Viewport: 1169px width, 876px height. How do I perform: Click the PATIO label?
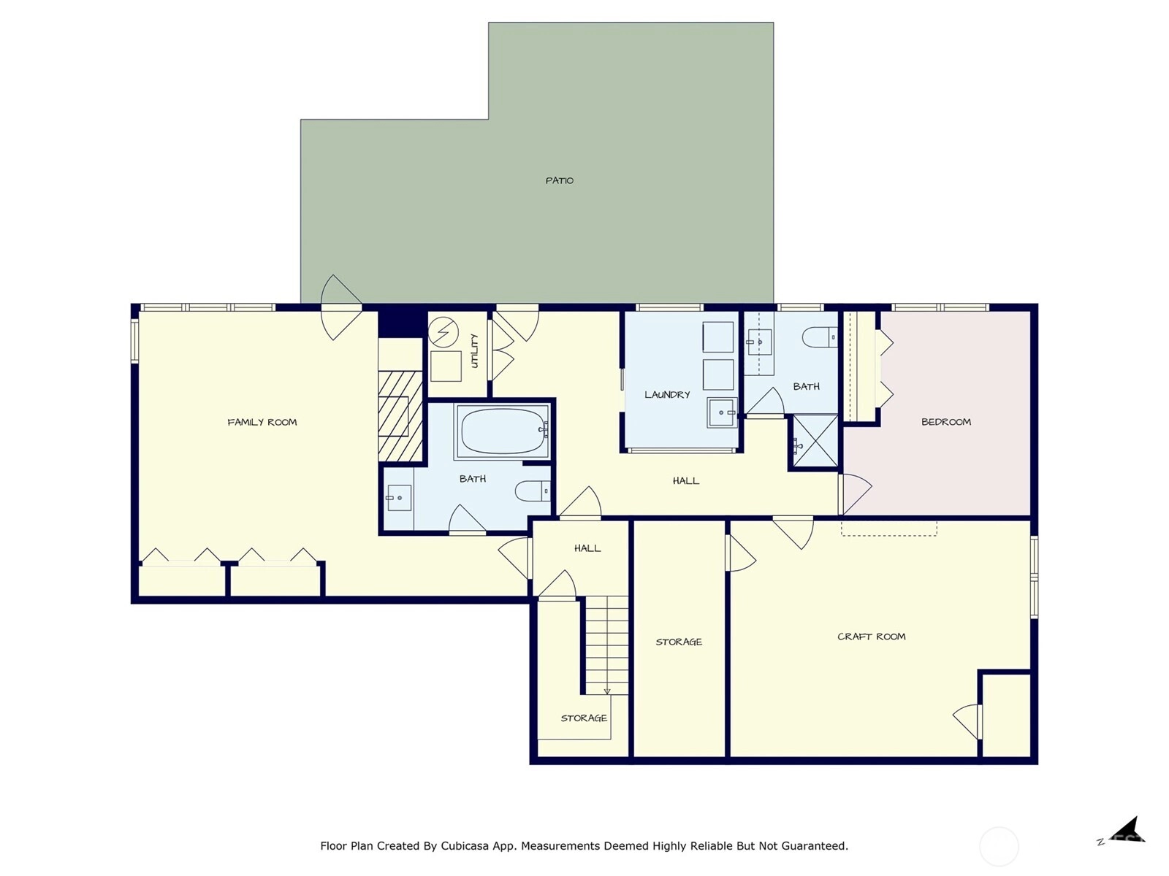559,181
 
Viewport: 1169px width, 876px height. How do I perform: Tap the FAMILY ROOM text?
262,423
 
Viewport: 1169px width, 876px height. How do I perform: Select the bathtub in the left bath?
502,431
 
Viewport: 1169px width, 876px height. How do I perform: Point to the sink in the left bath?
398,498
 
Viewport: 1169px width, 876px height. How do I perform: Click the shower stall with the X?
815,442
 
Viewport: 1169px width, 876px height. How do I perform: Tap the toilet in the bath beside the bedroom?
820,337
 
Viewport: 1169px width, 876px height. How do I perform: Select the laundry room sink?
722,412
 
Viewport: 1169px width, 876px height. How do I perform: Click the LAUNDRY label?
667,395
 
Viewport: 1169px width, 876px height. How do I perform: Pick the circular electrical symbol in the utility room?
443,332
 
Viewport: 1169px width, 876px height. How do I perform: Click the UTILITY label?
474,351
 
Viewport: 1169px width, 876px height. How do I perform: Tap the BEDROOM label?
946,423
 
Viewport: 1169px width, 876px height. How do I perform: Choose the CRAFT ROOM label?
872,637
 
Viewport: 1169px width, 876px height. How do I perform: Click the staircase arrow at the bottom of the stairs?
607,691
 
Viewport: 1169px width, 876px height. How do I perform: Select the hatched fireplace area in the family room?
400,416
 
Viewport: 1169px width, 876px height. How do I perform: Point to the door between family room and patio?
341,307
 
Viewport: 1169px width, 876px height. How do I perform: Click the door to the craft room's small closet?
967,722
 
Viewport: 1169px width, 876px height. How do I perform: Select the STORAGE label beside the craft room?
679,642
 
